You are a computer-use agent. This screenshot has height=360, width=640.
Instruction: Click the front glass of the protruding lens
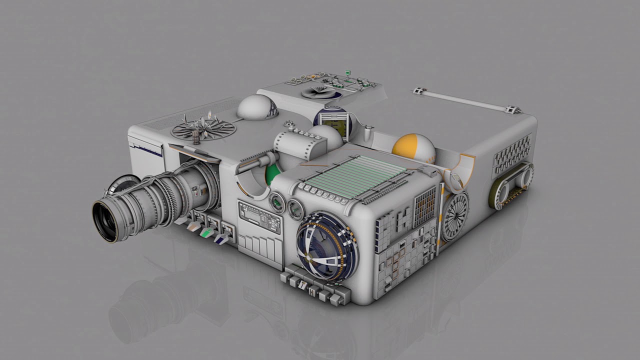pos(106,220)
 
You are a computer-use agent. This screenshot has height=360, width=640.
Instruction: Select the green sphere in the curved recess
pos(272,174)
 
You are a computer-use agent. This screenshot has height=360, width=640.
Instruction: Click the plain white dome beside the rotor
pos(256,107)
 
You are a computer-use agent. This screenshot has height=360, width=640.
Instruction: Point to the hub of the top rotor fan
pos(202,128)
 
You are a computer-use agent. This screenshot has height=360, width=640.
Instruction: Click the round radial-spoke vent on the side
pos(455,216)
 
